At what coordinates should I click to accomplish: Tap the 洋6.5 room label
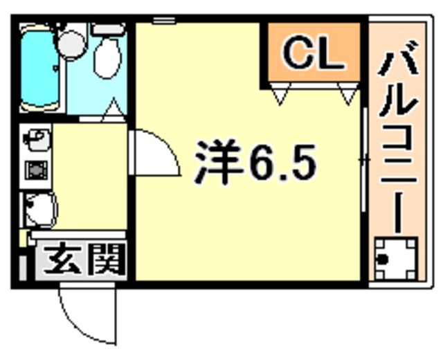[255, 162]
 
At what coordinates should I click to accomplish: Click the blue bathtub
[39, 69]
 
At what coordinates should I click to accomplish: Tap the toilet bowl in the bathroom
[107, 58]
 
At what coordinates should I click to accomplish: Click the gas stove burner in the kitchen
[36, 170]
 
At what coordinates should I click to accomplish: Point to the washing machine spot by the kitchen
[40, 210]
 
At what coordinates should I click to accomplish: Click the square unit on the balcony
[395, 259]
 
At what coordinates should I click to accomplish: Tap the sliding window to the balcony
[365, 160]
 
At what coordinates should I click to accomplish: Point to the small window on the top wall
[164, 20]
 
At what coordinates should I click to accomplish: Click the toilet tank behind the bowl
[109, 29]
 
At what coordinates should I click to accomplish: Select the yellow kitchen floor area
[90, 176]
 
